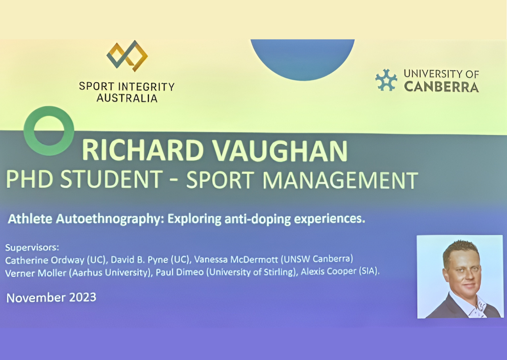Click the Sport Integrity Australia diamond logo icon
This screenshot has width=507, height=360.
(x=127, y=56)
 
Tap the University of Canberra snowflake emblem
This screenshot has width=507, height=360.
(x=386, y=80)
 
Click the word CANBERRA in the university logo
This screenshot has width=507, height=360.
(x=441, y=87)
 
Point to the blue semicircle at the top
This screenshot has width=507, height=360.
(x=302, y=60)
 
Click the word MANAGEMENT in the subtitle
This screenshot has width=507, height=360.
(x=340, y=180)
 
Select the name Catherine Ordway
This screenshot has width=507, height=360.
(x=45, y=260)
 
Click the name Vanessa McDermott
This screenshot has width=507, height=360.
(x=236, y=259)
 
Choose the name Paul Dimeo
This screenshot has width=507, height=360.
(x=180, y=272)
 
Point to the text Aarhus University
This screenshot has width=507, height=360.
(x=110, y=272)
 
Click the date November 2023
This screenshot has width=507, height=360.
(x=51, y=297)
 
